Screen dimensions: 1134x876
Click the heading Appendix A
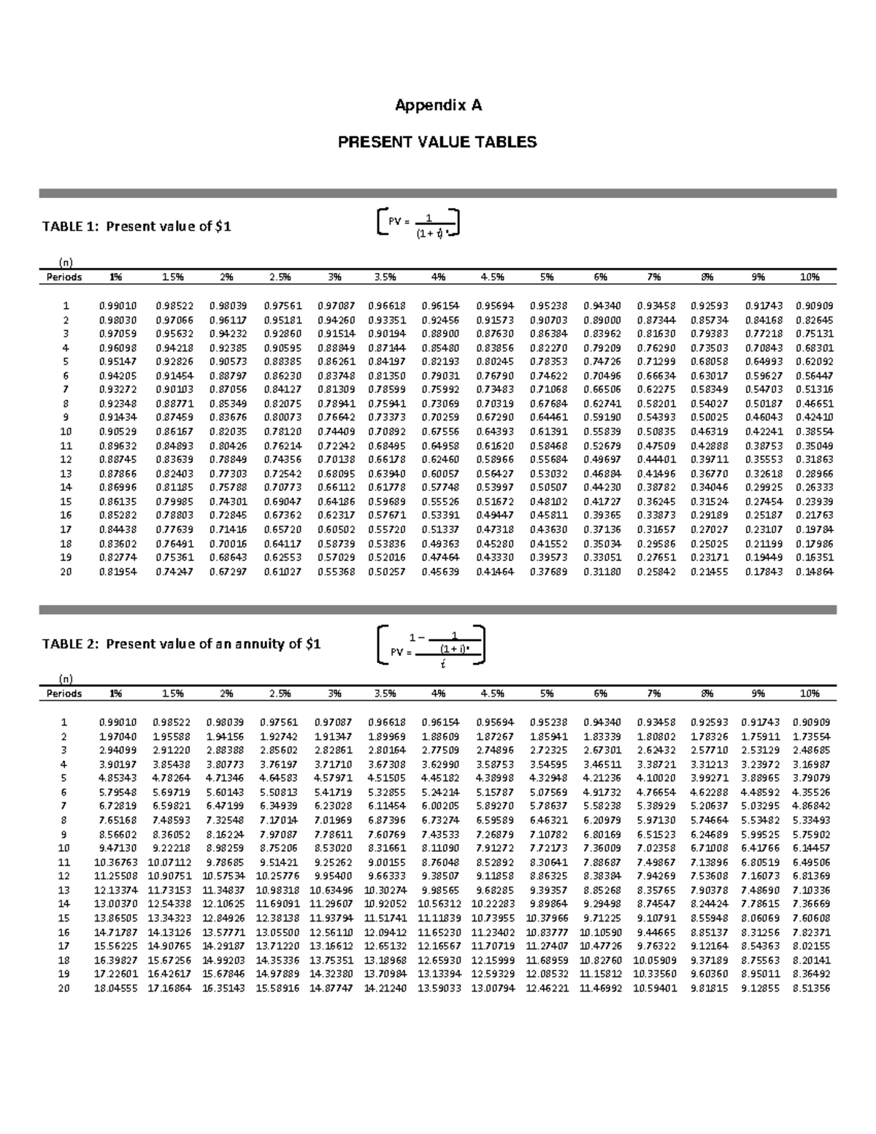tap(438, 106)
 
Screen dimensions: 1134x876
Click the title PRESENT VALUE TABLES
tap(437, 142)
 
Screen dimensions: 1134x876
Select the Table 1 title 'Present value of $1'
tap(137, 226)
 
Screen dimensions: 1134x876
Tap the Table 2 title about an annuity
tap(181, 644)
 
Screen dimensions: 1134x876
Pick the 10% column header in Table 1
tap(809, 277)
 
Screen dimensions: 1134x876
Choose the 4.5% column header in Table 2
tap(493, 694)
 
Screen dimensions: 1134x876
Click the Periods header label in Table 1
tap(64, 277)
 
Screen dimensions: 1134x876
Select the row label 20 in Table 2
tap(64, 989)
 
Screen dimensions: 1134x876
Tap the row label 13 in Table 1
tap(66, 474)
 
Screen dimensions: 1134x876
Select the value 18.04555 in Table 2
tap(115, 989)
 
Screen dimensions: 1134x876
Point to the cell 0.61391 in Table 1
tap(547, 432)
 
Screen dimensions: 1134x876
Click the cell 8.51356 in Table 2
tap(810, 989)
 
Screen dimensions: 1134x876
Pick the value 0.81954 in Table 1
tap(118, 572)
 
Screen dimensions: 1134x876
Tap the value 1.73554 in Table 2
tap(810, 736)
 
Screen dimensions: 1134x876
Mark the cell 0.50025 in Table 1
tap(708, 418)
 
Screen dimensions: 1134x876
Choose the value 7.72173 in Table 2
tap(547, 848)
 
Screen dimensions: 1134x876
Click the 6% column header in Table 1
tap(601, 277)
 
